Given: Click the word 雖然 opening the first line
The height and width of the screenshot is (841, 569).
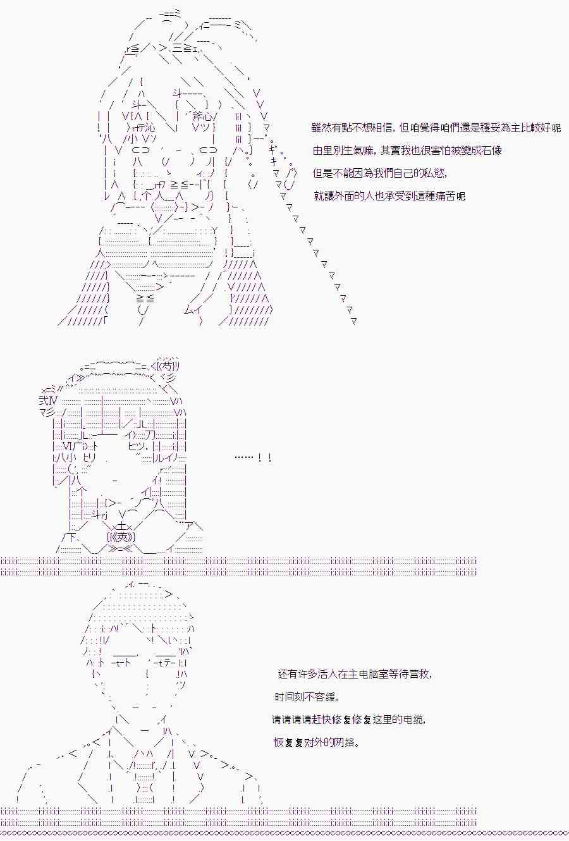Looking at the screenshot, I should [322, 128].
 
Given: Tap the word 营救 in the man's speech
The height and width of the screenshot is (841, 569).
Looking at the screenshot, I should [420, 674].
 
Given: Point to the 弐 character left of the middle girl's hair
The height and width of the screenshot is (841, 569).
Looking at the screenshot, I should [44, 400].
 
